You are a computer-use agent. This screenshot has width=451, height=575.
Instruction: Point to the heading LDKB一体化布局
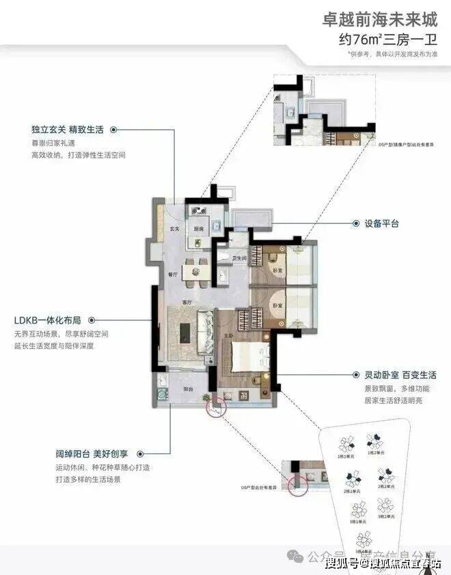[x=47, y=320]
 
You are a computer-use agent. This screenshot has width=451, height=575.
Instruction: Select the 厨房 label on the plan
[x=197, y=229]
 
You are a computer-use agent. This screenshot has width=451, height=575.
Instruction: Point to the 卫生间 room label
[x=238, y=258]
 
